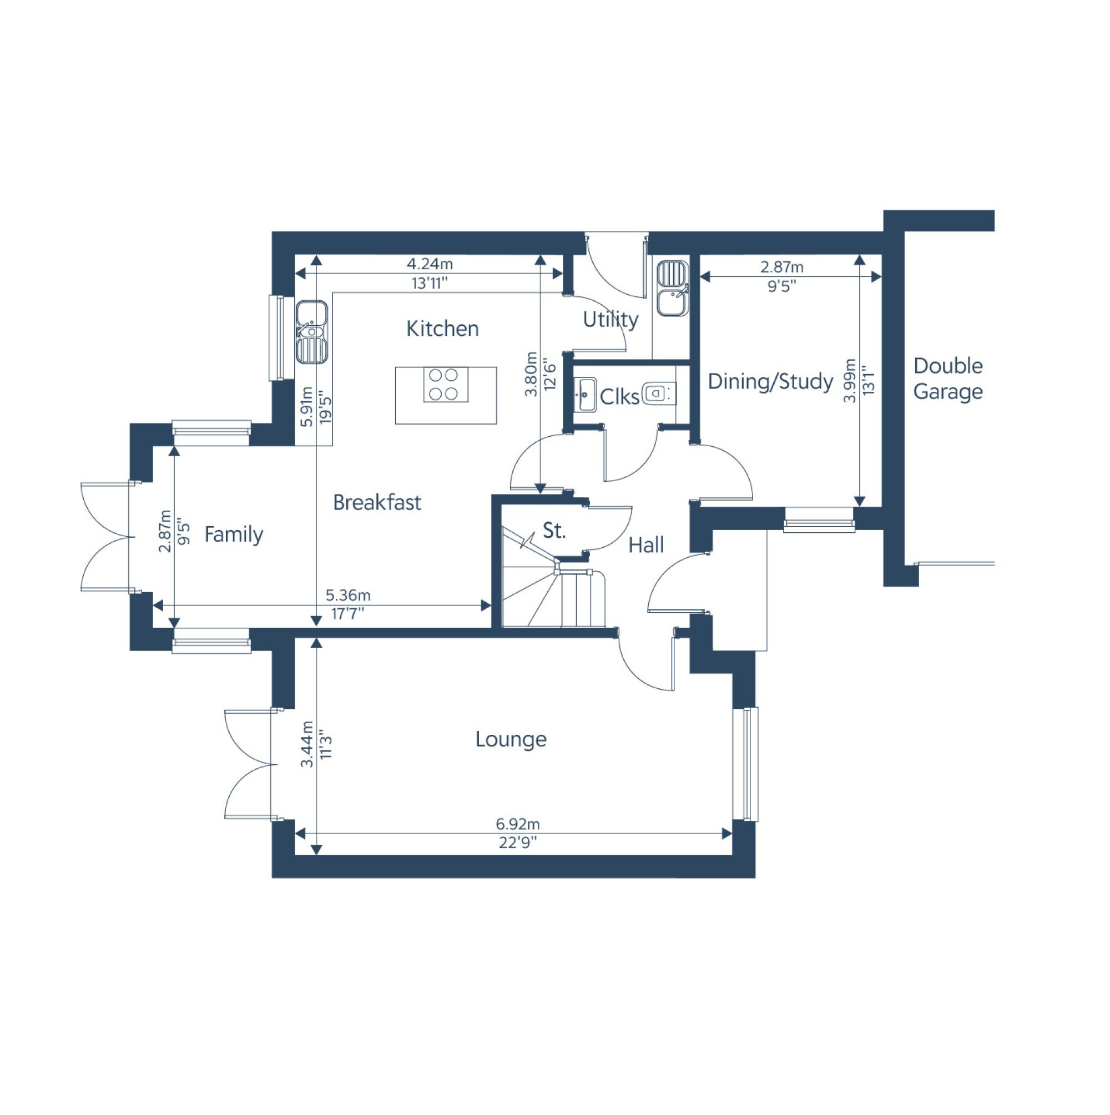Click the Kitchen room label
[442, 329]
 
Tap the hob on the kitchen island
[445, 385]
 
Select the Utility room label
[610, 320]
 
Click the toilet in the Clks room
[657, 393]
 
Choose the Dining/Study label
[770, 381]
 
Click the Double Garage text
[948, 379]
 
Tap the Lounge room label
[511, 739]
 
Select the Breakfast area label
[377, 503]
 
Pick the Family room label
[234, 534]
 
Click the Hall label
[646, 545]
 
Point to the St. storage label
[554, 531]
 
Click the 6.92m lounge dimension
[517, 824]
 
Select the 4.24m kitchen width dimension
[430, 264]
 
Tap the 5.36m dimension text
[347, 595]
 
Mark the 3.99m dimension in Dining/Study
[849, 381]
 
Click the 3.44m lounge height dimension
[307, 744]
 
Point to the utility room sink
[672, 289]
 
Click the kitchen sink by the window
[311, 332]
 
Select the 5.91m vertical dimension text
[307, 406]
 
